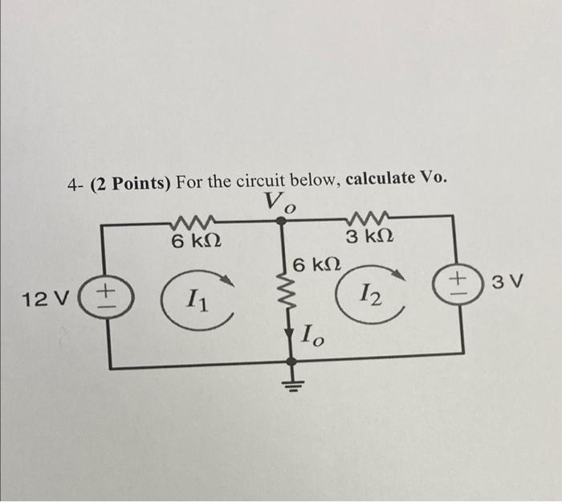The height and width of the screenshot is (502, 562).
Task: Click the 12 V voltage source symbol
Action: [111, 294]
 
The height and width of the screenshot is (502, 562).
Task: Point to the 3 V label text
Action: [507, 282]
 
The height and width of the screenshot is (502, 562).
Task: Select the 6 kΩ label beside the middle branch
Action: [316, 264]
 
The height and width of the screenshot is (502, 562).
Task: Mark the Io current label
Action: [313, 337]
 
